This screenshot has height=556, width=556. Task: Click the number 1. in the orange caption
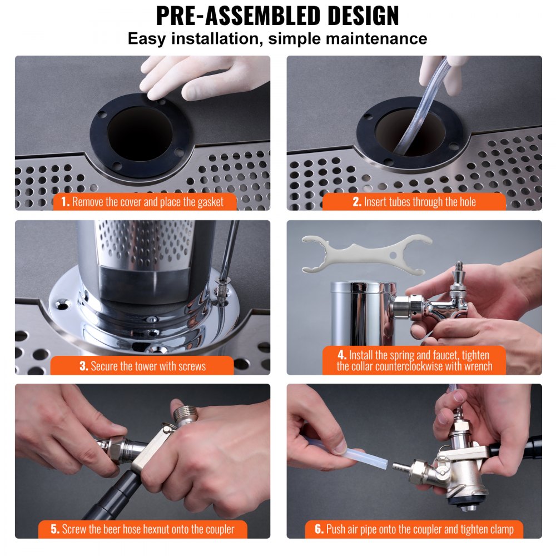click(66, 202)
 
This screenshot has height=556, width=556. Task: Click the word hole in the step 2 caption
click(465, 202)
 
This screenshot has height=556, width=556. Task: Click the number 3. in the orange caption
click(84, 366)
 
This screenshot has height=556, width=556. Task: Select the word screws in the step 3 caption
click(190, 366)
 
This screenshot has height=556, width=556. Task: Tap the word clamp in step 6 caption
click(500, 529)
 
